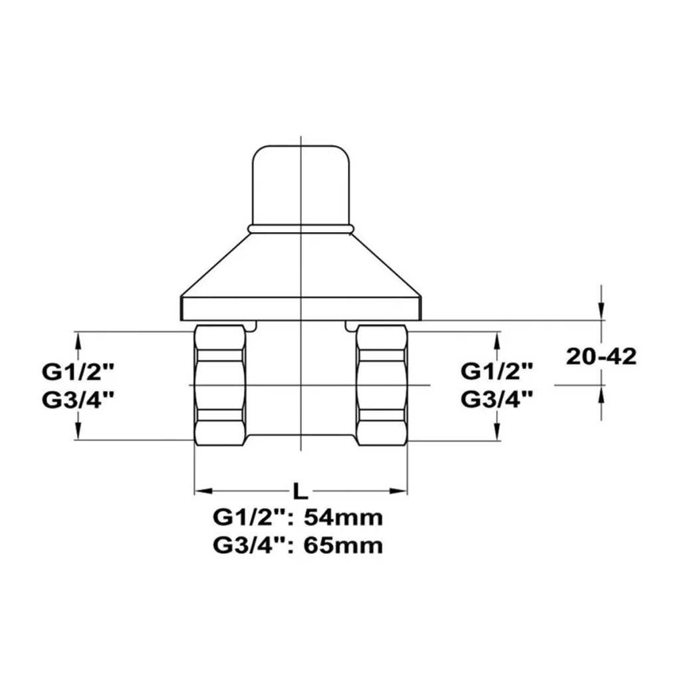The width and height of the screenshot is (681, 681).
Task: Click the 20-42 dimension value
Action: tap(601, 356)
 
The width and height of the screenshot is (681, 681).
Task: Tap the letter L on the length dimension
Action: tap(300, 491)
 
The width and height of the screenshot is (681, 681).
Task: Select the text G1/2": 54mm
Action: tap(298, 517)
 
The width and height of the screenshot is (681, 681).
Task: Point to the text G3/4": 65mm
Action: tap(298, 545)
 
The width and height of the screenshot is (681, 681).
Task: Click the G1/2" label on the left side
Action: tap(78, 372)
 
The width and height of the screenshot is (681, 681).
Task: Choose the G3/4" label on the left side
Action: tap(78, 400)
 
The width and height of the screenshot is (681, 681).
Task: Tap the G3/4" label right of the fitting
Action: tap(496, 399)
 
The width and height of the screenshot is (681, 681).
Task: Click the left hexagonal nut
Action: tap(219, 385)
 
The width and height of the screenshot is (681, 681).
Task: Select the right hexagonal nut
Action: tap(382, 385)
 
